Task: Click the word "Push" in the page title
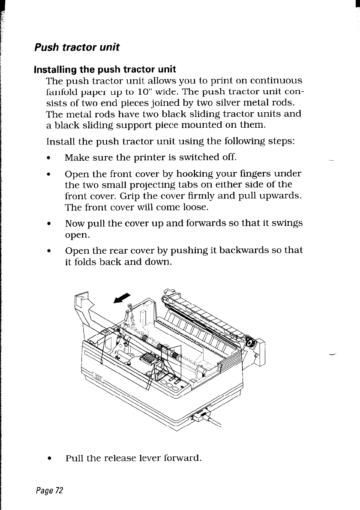tap(45, 47)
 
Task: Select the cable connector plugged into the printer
tap(201, 415)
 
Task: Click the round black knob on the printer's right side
tap(249, 343)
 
